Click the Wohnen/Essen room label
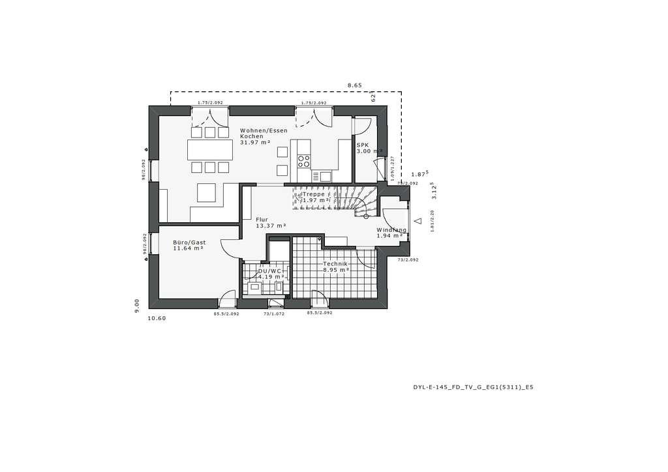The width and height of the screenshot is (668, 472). pos(263,130)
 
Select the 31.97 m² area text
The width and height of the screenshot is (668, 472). pos(254,142)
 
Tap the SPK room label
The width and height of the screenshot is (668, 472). pos(362,145)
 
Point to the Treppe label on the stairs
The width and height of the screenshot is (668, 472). pos(313,194)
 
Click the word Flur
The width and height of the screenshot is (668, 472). pos(262,220)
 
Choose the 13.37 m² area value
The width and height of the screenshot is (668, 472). pos(271,226)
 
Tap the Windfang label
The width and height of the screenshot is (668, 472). pos(391,229)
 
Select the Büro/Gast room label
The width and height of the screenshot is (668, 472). pos(189,242)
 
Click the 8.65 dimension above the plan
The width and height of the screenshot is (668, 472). pos(354,85)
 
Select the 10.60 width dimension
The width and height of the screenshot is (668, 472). pos(157,318)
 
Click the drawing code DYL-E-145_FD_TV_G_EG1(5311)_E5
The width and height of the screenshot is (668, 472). pos(474,387)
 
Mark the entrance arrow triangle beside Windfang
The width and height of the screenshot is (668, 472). pos(418,220)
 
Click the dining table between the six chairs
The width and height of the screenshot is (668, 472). pos(210,150)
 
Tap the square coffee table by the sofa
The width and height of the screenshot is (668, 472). pos(207,192)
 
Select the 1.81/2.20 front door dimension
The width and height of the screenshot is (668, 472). pos(432,222)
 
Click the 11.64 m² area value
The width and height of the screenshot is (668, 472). pos(188,248)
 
